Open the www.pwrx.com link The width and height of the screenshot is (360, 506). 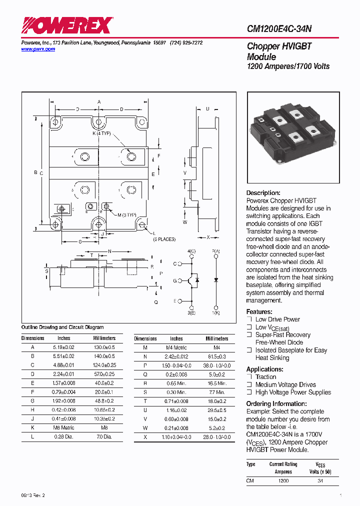tap(38, 49)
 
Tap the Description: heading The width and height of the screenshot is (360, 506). tap(263, 193)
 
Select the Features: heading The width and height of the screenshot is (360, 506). tap(259, 311)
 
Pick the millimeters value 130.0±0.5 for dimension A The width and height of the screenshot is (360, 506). tap(104, 347)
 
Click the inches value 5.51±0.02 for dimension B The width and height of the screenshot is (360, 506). tap(63, 356)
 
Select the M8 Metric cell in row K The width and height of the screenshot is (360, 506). tap(63, 428)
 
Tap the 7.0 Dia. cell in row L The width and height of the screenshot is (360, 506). tap(104, 437)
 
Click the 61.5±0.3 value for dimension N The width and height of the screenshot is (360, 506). tap(216, 356)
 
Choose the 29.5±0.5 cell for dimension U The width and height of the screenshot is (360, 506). tap(216, 410)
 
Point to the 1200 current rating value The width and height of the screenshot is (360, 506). tap(283, 480)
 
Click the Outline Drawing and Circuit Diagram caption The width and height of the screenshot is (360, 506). tap(62, 327)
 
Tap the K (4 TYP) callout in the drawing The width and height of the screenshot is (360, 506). tap(101, 134)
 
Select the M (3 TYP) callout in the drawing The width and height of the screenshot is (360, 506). tap(126, 215)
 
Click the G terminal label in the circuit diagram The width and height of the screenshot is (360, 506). tap(175, 281)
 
